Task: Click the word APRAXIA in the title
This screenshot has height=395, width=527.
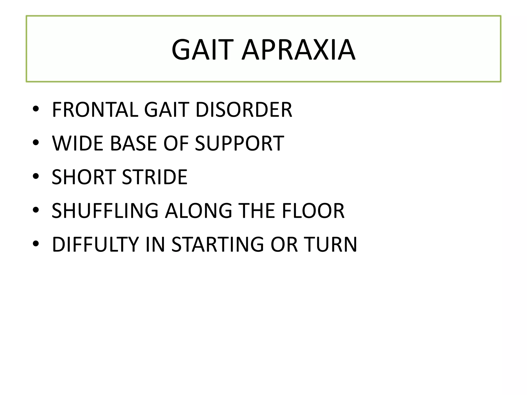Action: coord(298,50)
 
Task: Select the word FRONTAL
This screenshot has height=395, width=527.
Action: coord(95,110)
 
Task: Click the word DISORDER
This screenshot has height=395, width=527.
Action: coord(244,110)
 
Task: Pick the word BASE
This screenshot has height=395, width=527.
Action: coord(133,143)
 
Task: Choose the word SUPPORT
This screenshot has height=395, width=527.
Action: coord(240,143)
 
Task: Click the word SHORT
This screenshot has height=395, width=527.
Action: coord(84,177)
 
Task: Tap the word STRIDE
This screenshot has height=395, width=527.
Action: coord(155,177)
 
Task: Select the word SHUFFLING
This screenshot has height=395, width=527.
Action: coord(105,211)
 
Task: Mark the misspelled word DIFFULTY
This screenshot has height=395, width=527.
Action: coord(95,245)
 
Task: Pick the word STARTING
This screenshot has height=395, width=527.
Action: coord(217,245)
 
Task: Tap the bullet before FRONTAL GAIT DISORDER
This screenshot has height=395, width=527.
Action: coord(36,109)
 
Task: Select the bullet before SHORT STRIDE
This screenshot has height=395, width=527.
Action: coord(36,176)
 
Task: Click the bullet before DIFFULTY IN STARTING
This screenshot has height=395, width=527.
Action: coord(36,244)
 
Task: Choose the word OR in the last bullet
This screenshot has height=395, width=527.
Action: coord(284,245)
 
